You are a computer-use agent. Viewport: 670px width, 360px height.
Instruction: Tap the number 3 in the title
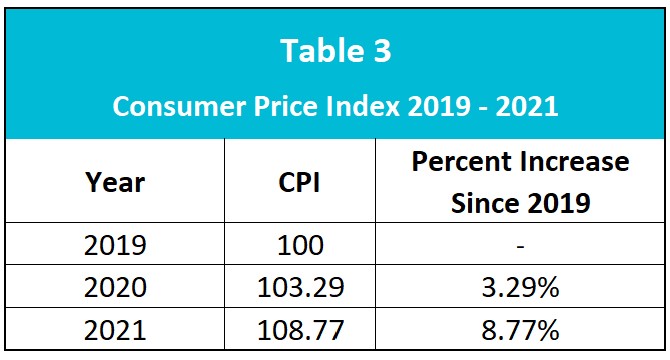(377, 51)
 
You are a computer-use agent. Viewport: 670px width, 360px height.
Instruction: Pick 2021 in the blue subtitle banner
(525, 106)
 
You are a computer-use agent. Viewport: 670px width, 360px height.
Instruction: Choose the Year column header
(116, 183)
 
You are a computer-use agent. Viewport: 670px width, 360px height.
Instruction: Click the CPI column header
(300, 183)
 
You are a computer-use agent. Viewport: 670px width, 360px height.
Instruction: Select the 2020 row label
(116, 288)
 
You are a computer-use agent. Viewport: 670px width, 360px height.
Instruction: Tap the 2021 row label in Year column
(116, 330)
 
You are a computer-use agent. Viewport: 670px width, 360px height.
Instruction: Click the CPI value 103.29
(300, 288)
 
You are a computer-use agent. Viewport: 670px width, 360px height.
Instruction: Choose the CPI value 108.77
(300, 330)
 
